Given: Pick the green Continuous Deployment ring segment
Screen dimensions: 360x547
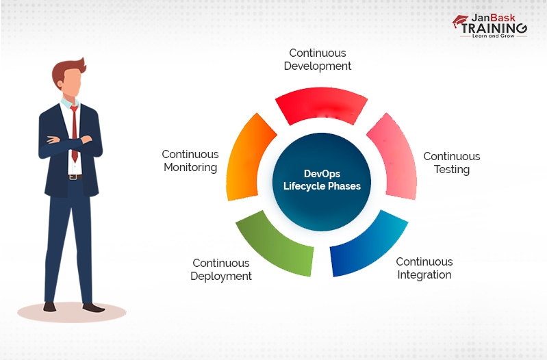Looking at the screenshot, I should [275, 247].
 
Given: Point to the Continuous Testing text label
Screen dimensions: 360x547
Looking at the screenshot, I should [451, 163].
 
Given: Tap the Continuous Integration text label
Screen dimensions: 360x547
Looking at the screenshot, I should [424, 268].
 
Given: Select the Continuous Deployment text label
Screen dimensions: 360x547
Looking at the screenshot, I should [220, 270].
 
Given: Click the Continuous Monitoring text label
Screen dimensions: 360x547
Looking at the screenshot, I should [190, 161].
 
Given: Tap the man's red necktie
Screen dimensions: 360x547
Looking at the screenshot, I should [74, 130].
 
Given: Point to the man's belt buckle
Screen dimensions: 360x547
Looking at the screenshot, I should [73, 177].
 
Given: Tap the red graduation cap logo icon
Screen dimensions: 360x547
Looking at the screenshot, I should [459, 23].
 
